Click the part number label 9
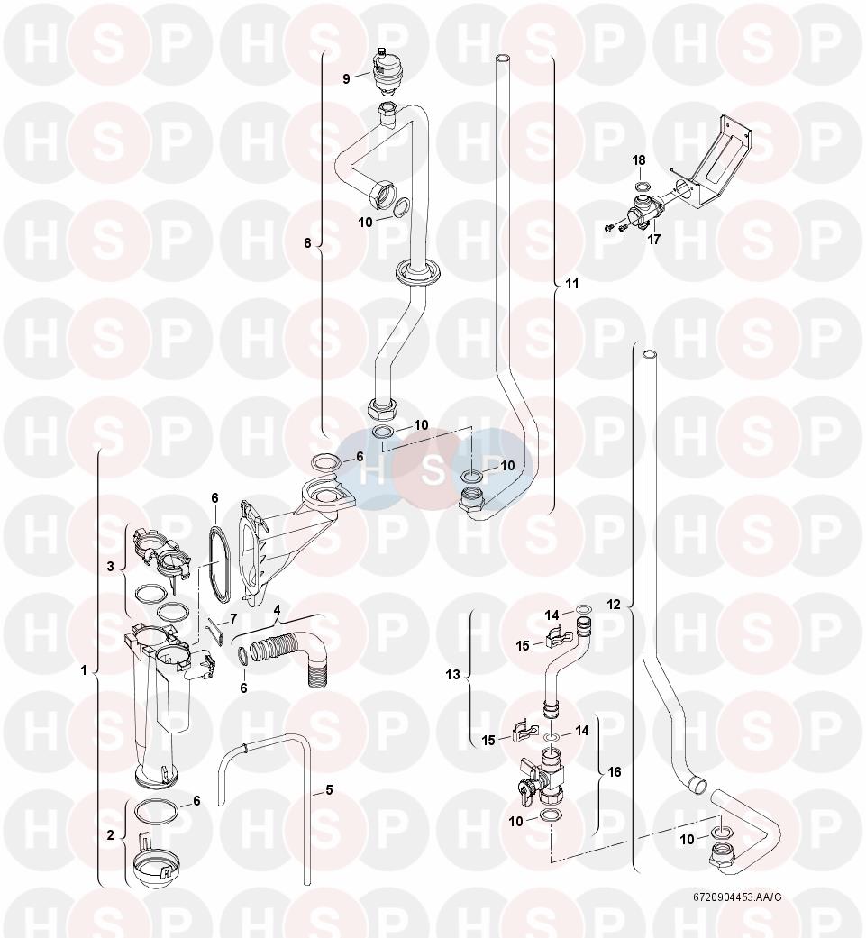click(346, 78)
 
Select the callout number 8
click(308, 243)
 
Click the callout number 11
click(572, 284)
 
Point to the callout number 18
click(639, 160)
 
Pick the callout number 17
click(654, 240)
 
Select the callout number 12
click(614, 605)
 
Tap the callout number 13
click(453, 675)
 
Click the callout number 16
click(615, 772)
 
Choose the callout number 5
click(329, 790)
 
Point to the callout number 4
click(277, 610)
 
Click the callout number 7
click(232, 618)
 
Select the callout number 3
click(110, 566)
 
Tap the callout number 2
click(110, 835)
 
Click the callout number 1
click(84, 670)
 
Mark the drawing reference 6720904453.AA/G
click(737, 914)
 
